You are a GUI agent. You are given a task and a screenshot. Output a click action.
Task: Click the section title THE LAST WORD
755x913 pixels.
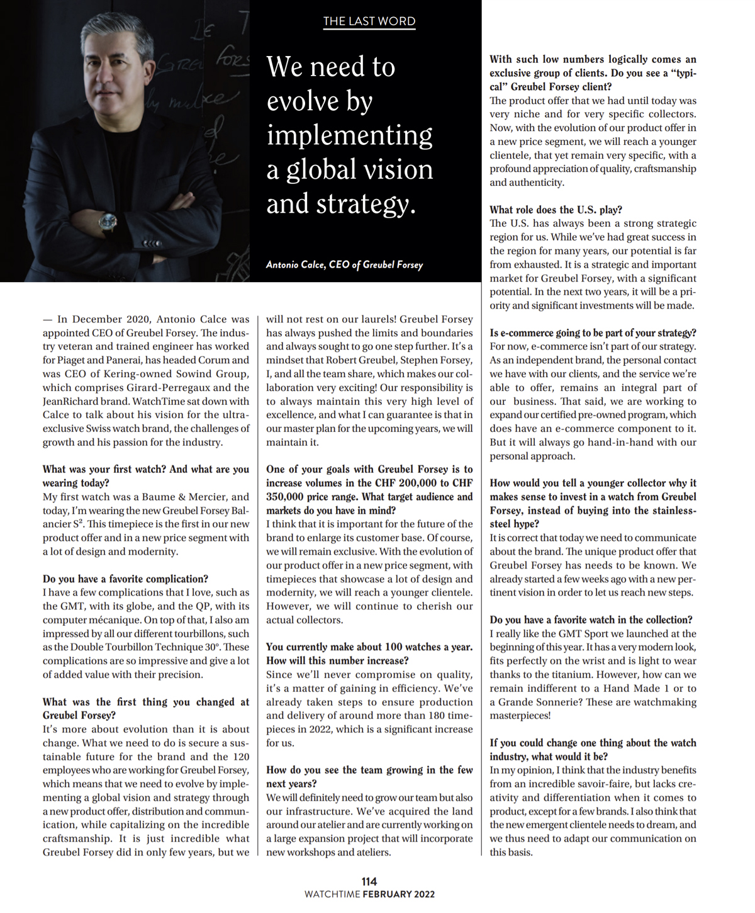369,21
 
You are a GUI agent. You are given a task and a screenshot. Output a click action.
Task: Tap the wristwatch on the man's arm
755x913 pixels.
108,222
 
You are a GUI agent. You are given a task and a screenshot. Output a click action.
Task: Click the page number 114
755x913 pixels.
369,882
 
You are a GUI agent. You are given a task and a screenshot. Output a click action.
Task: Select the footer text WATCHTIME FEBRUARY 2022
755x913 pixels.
369,894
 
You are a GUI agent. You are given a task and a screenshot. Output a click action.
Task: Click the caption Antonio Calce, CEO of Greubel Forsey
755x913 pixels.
344,264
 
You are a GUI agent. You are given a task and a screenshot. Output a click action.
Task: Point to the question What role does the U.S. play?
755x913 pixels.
556,210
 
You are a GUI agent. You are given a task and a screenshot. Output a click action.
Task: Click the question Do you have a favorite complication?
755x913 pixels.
125,579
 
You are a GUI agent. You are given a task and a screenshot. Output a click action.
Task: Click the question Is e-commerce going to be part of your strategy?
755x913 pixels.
593,332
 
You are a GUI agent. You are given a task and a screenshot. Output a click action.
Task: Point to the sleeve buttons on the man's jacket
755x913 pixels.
152,242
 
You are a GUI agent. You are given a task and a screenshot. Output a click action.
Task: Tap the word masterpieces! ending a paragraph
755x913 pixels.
520,715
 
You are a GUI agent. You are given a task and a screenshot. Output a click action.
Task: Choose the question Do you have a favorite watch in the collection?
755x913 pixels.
591,620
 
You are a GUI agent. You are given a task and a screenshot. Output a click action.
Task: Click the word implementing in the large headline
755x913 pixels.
349,136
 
